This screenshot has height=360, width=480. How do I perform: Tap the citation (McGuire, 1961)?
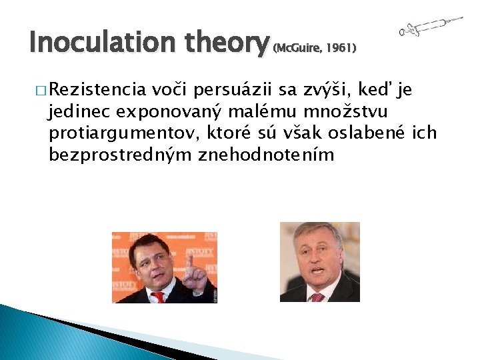coord(315,48)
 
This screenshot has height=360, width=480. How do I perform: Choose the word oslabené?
coord(371,133)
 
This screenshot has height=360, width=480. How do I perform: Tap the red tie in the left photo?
coord(157,297)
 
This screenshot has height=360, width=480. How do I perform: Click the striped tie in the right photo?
coord(317,297)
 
